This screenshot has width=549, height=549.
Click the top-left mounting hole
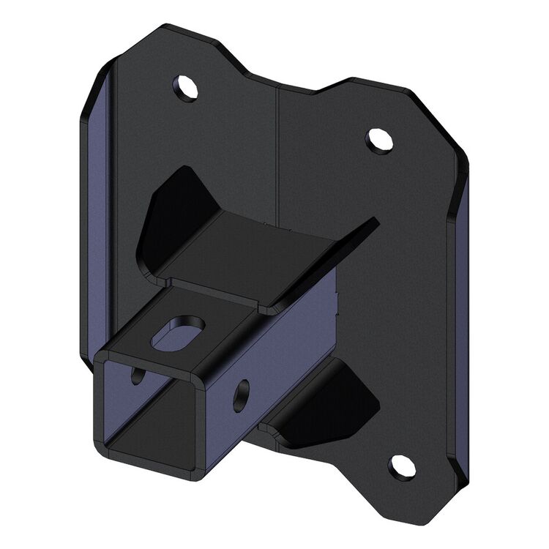[x=187, y=88]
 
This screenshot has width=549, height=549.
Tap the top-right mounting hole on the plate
[x=378, y=139]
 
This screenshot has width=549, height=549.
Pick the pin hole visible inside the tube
[x=137, y=376]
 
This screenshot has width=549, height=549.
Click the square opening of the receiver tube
[x=146, y=410]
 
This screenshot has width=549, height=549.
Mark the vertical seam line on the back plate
[x=277, y=146]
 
